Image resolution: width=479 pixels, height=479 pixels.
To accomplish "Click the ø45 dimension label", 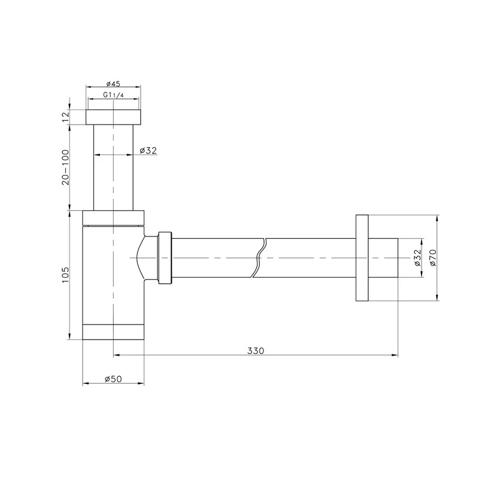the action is click(113, 83).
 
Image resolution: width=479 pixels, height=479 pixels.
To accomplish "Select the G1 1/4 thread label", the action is click(113, 95).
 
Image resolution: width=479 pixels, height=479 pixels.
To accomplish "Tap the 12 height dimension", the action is click(66, 117).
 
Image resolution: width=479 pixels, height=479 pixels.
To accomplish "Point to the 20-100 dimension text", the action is click(66, 167).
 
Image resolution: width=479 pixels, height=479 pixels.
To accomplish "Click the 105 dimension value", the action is click(66, 275).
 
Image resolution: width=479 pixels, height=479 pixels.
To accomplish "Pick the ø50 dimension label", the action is click(113, 379).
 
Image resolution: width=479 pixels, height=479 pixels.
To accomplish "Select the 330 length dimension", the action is click(256, 351).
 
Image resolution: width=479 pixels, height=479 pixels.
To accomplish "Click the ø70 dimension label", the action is click(433, 257).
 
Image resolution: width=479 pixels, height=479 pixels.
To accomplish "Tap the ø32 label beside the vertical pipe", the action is click(148, 150).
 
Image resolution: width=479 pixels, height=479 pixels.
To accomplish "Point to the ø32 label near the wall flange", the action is click(417, 257).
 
